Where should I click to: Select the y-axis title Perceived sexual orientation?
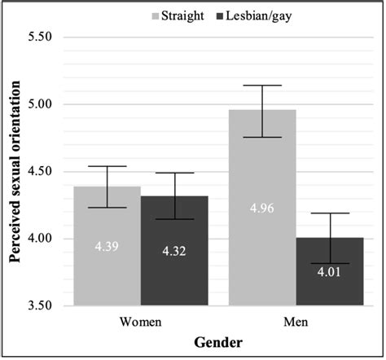(14, 171)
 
